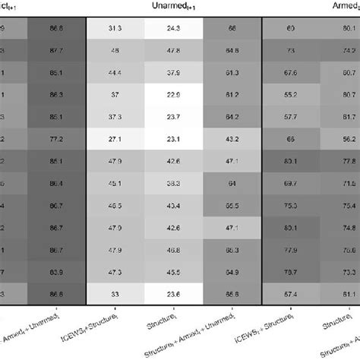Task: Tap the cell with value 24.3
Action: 174,29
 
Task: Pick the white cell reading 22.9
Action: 174,95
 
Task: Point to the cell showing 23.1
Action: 174,139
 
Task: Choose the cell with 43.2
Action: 232,139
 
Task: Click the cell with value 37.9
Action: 174,73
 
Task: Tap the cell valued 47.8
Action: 174,51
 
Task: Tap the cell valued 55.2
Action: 289,95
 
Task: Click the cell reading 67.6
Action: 289,73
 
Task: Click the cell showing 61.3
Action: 232,73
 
